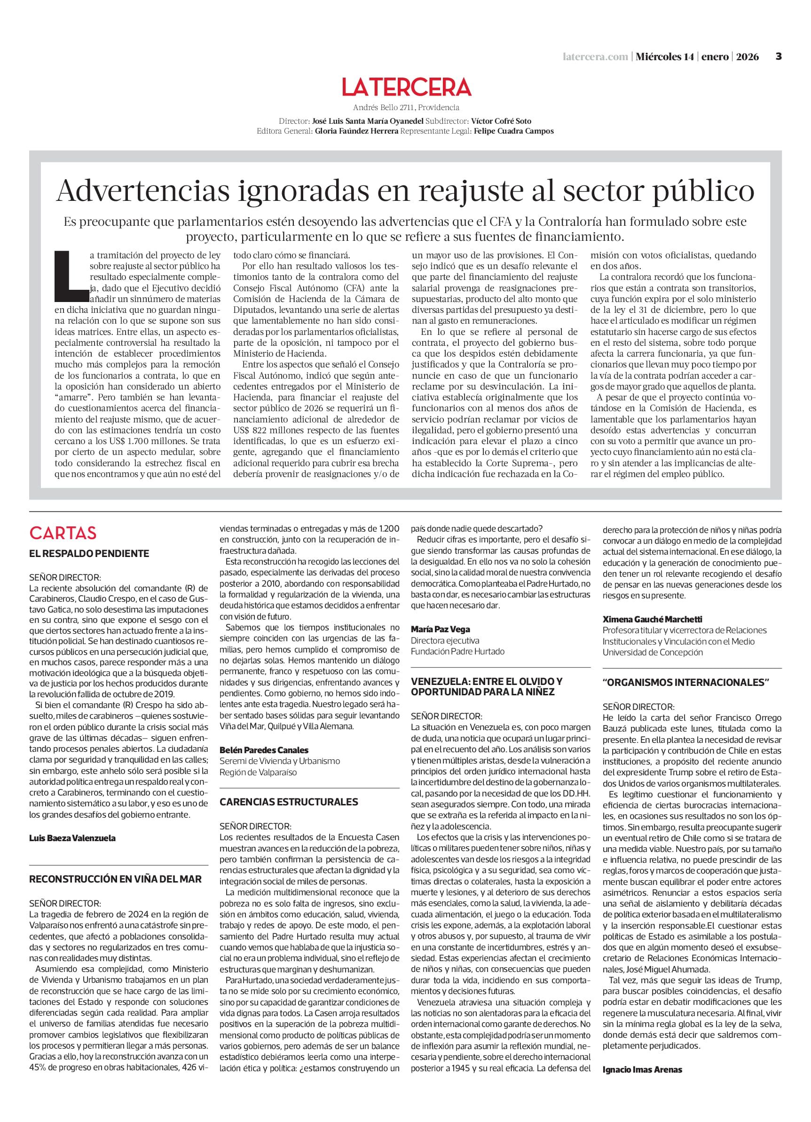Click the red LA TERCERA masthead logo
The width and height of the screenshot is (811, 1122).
406,88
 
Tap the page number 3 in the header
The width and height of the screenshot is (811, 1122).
778,56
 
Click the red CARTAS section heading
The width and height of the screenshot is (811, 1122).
63,533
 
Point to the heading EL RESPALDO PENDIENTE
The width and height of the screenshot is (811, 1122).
89,553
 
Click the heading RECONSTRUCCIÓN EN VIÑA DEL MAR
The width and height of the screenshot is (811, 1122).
116,879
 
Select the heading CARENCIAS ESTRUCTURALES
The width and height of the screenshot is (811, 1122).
288,802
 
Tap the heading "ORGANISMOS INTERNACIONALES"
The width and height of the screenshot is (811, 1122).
686,682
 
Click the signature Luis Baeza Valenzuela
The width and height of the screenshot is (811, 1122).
72,838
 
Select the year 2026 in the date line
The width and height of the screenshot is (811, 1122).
747,56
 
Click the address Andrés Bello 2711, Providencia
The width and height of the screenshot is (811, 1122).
406,107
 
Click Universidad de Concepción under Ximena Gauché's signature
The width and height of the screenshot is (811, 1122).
652,652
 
